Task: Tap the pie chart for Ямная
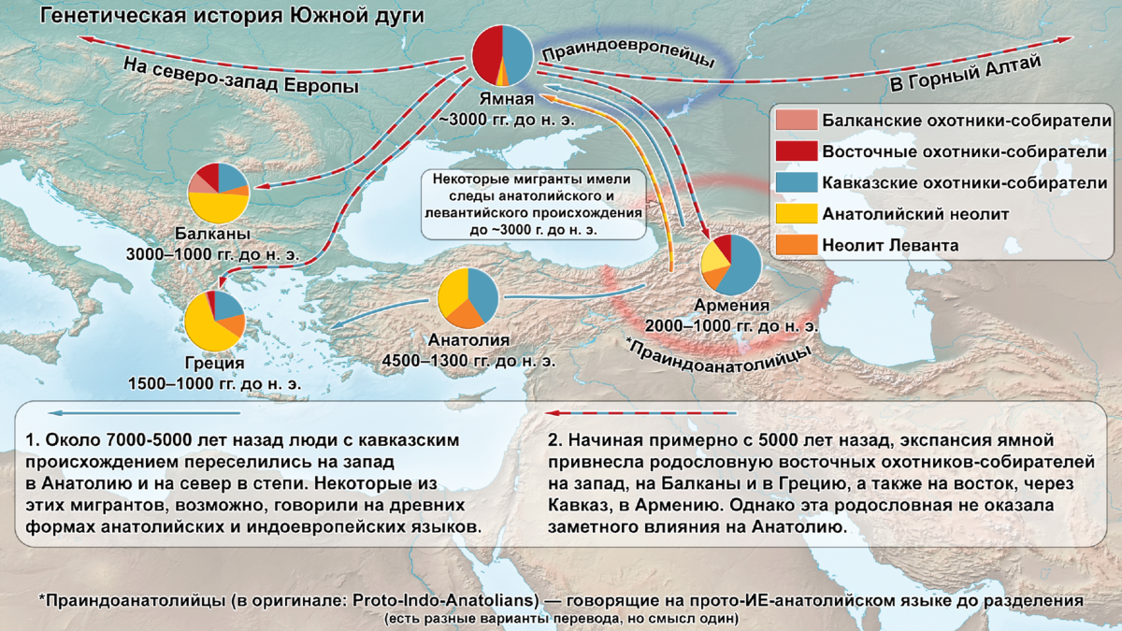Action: [x=502, y=55]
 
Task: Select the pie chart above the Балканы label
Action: [x=218, y=192]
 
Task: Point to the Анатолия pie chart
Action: [x=468, y=298]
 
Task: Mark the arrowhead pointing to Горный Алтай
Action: [x=1065, y=40]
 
